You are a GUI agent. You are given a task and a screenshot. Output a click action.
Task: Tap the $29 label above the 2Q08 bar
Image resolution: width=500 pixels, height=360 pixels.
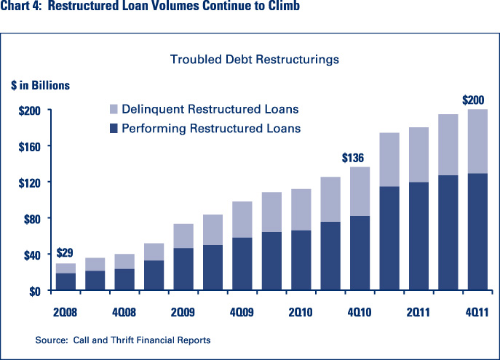click(x=66, y=253)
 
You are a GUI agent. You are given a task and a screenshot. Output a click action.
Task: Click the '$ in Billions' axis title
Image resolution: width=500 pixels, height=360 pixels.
click(x=40, y=85)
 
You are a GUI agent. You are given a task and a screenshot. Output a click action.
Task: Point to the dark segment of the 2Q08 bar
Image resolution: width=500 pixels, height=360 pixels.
click(x=66, y=281)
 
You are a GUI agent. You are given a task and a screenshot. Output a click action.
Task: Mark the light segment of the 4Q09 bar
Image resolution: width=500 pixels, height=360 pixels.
click(x=241, y=220)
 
